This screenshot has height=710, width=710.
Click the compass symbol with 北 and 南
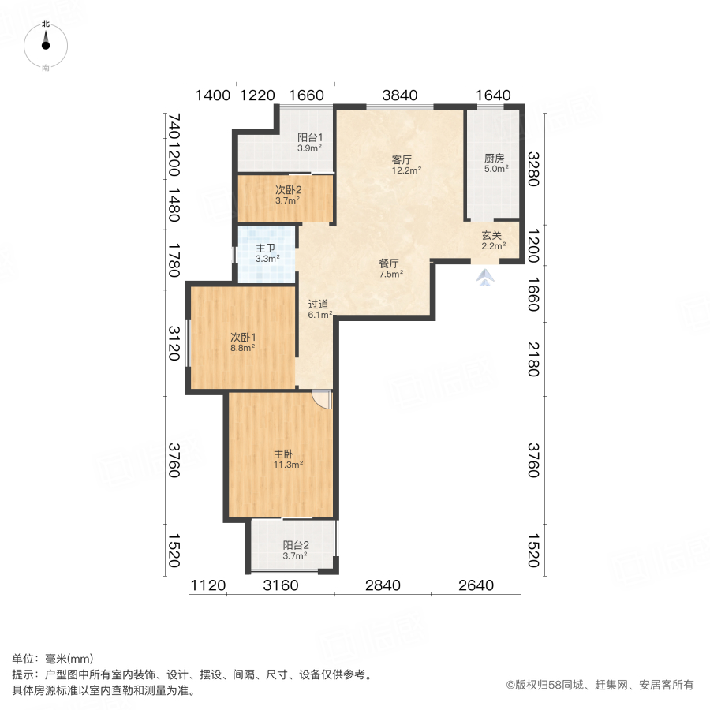pos(46,45)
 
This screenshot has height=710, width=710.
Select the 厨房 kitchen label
pos(495,158)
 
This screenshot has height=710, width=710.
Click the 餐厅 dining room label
pos(388,263)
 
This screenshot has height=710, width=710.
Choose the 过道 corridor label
pos(317,304)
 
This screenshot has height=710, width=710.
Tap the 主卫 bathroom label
pos(265,248)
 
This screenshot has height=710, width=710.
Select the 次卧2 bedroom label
pos(288,190)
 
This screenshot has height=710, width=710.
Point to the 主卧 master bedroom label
pos(283,454)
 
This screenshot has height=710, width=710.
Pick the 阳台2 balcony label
pos(295,545)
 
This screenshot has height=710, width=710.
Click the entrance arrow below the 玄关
pos(486,277)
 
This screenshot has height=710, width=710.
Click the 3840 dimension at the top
pos(399,95)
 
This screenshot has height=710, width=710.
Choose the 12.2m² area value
pos(408,170)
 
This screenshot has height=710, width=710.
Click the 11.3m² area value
pos(289,465)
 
